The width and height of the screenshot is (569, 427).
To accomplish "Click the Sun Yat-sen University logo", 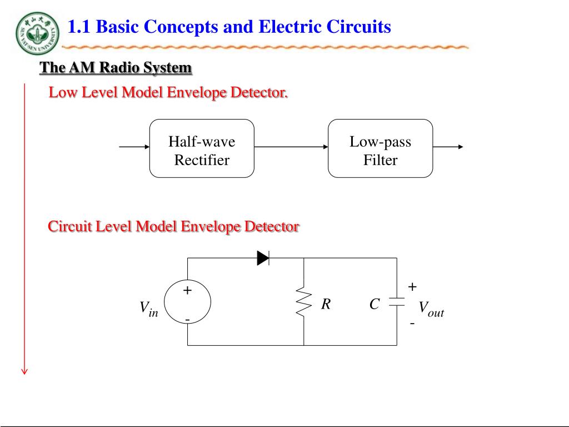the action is click(37, 33).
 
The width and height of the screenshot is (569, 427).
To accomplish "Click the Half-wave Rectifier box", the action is click(202, 148).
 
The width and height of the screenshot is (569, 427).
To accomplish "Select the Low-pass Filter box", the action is click(380, 148).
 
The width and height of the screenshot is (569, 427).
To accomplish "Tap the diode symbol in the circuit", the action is click(263, 258).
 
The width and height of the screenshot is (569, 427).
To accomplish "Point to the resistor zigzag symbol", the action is click(304, 302).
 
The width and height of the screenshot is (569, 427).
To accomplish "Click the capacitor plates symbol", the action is click(397, 302).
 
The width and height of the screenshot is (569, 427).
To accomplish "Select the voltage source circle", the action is click(187, 302).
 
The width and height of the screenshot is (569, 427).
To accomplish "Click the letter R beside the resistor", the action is click(326, 304).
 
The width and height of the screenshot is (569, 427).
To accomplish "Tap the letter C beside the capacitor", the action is click(375, 304).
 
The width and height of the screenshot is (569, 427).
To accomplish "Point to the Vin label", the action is click(149, 309).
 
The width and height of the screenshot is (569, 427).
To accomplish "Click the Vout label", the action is click(431, 309).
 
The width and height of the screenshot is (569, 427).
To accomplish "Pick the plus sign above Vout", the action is click(412, 287).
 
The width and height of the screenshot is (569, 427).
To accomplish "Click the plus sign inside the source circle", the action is click(187, 290).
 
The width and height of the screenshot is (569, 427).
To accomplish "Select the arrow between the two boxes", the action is click(291, 147).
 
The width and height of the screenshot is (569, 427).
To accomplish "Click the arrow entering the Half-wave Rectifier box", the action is click(134, 147).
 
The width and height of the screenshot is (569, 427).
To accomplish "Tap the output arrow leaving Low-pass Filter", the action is click(448, 147).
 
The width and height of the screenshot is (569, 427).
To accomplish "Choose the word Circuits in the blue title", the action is click(358, 27).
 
